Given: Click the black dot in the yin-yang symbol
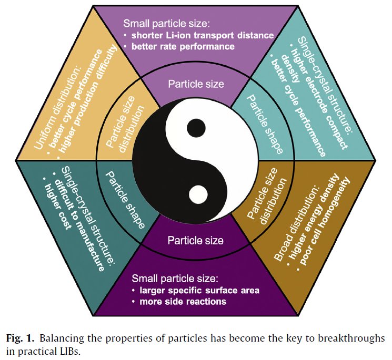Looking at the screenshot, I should pos(196,127).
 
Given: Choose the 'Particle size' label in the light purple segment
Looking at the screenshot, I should pos(195,84).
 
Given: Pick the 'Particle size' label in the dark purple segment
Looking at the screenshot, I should pos(195,241).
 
